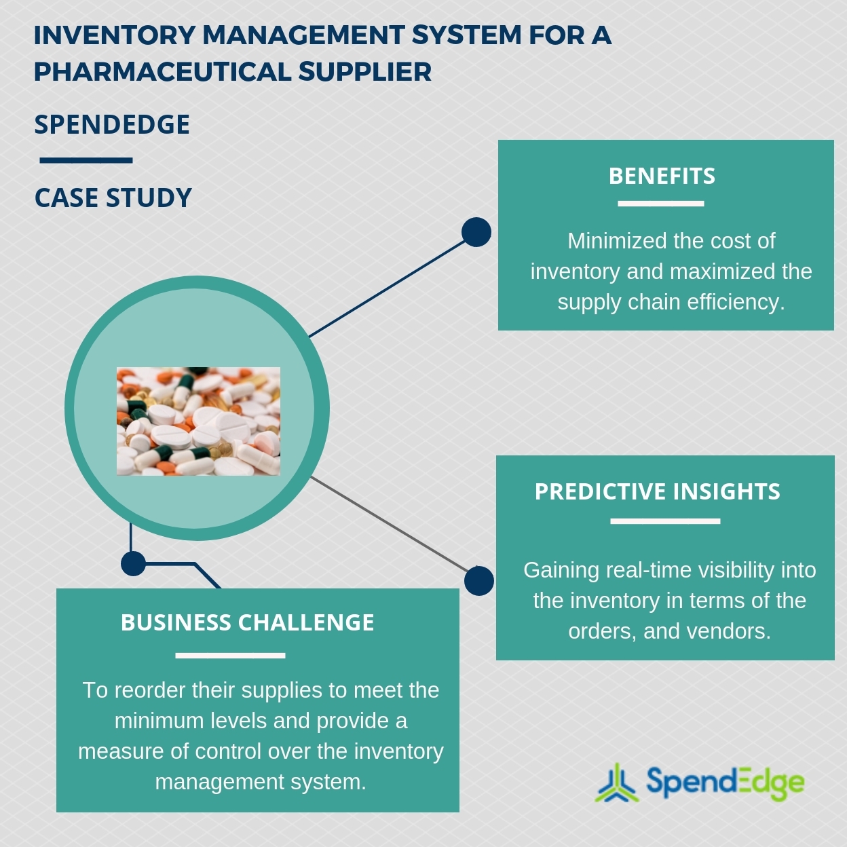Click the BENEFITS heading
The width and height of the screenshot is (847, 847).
tap(662, 176)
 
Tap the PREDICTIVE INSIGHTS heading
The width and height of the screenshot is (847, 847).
tap(657, 491)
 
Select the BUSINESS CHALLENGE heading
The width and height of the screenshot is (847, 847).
tap(247, 622)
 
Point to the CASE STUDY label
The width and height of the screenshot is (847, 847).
tap(113, 198)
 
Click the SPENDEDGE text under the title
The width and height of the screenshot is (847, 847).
tap(112, 125)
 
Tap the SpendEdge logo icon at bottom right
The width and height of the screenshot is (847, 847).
tap(616, 783)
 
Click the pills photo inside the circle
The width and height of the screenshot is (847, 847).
tap(198, 421)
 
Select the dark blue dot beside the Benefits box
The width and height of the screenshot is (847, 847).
tap(476, 232)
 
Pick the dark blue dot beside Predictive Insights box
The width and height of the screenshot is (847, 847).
tap(479, 581)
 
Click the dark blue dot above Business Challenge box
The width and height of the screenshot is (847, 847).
tap(133, 563)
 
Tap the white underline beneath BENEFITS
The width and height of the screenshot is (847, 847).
tap(660, 203)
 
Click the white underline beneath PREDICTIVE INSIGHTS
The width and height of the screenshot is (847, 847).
tap(664, 521)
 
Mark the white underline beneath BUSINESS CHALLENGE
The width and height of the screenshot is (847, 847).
tap(230, 655)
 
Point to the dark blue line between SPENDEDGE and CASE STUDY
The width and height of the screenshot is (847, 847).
tap(86, 161)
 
